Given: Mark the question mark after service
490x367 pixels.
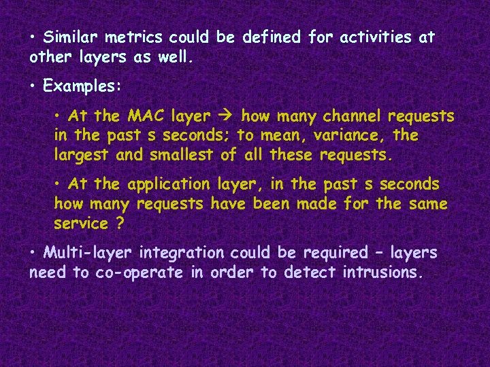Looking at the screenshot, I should pos(120,224).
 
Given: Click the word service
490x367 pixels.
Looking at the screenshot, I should pos(80,224).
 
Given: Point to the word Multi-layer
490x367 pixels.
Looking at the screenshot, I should pos(88,253).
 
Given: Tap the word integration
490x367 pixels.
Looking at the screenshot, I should pos(180,253).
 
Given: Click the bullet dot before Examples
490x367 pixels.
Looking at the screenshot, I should pos(33,86).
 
